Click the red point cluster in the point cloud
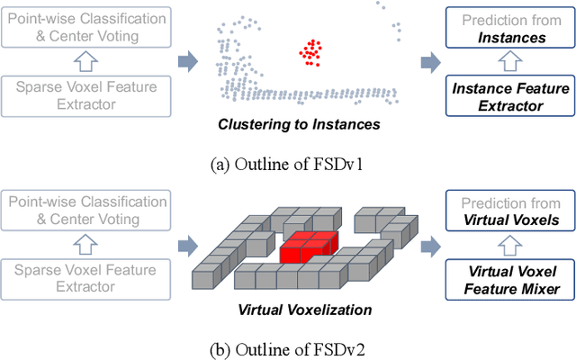[311, 53]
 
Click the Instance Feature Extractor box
[509, 97]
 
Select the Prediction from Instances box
[509, 29]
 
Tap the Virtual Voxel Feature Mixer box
[509, 280]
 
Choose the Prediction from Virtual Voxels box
[509, 211]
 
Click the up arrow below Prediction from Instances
[509, 63]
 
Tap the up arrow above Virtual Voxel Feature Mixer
[509, 246]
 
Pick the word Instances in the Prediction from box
[509, 38]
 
